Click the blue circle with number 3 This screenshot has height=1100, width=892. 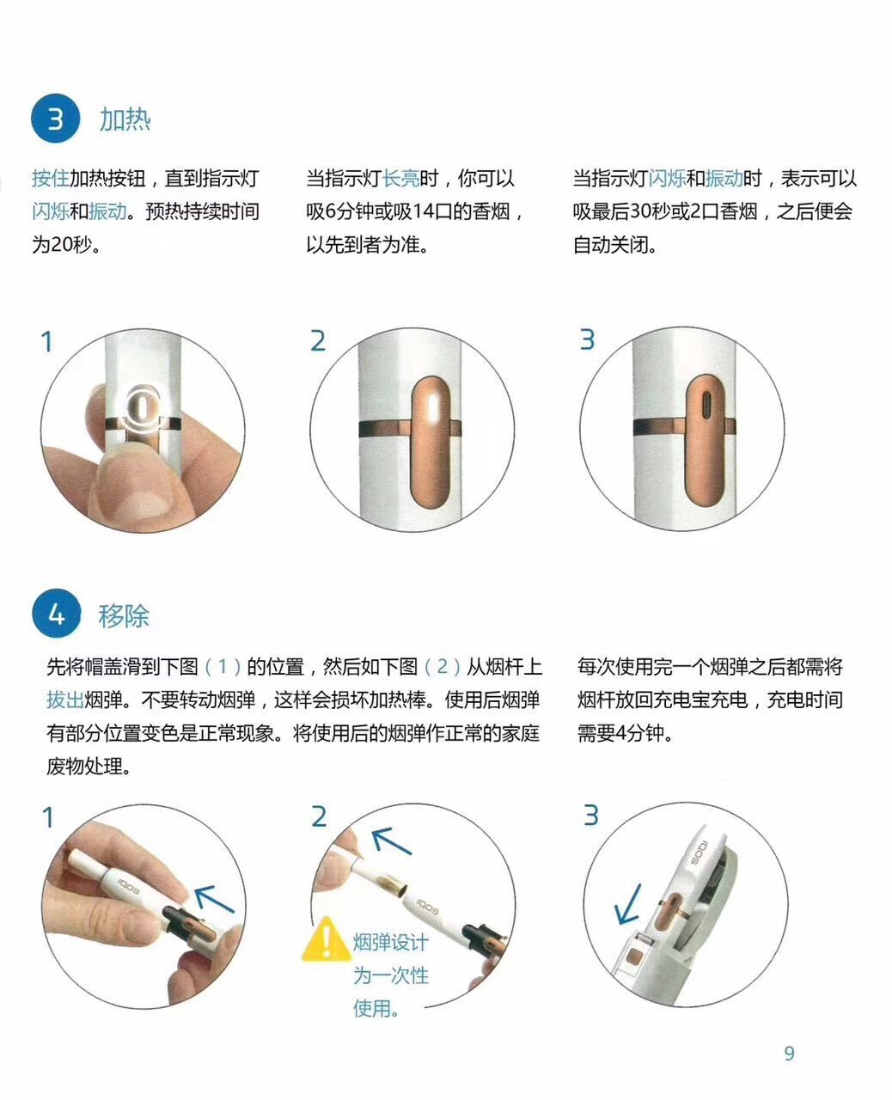point(56,119)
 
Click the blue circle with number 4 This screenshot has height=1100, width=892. point(56,614)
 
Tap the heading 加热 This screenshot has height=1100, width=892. point(125,119)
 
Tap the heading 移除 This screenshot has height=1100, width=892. point(124,615)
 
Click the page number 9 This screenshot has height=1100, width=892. point(789,1054)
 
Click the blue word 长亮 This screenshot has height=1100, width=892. point(400,179)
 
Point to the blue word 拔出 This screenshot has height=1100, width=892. point(65,700)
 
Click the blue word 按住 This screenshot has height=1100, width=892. point(50,179)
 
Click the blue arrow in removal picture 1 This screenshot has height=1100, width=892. point(214,898)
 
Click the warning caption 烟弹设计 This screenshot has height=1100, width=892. point(390,942)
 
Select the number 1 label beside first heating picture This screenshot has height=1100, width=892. point(47,342)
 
